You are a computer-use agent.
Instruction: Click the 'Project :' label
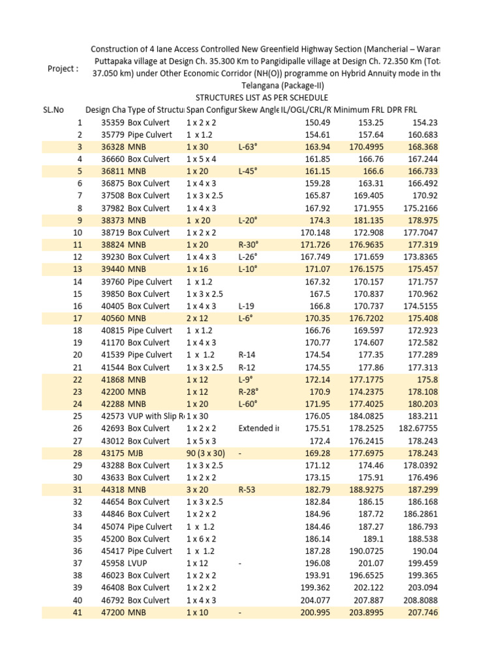(63, 69)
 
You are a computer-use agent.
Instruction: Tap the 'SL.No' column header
(50, 110)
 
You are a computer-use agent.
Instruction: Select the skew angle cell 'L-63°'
(249, 147)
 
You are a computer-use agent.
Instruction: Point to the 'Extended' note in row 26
(258, 428)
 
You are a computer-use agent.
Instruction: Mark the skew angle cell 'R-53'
(247, 489)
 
